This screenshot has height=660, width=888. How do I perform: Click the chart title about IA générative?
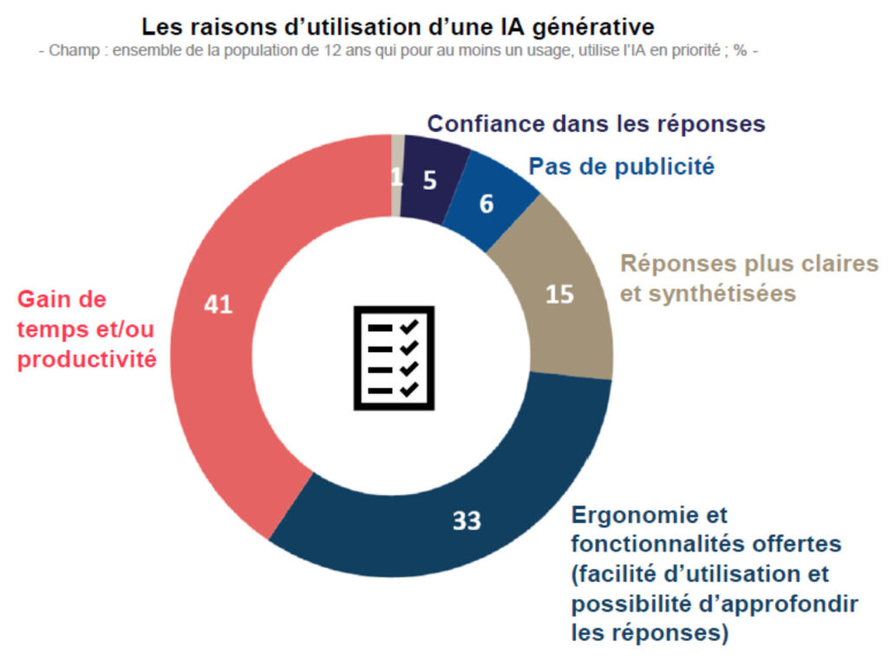click(399, 26)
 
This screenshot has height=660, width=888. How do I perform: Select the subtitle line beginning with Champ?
click(399, 51)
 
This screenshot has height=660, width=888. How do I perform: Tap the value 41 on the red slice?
click(218, 304)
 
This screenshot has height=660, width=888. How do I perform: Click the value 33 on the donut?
click(467, 520)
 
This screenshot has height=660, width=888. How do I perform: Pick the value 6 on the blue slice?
click(486, 204)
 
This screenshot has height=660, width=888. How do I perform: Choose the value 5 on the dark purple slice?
click(430, 180)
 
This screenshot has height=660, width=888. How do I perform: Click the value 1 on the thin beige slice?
click(397, 177)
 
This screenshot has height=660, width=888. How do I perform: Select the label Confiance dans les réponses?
click(596, 124)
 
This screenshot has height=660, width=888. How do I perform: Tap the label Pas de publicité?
click(622, 166)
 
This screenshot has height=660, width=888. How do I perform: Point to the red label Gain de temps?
click(87, 329)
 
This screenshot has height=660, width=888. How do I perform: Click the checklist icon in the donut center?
click(393, 357)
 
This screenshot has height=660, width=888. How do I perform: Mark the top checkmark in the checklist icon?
click(408, 326)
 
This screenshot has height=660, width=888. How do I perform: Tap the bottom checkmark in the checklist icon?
click(408, 389)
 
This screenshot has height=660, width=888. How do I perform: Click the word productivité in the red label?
click(87, 359)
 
